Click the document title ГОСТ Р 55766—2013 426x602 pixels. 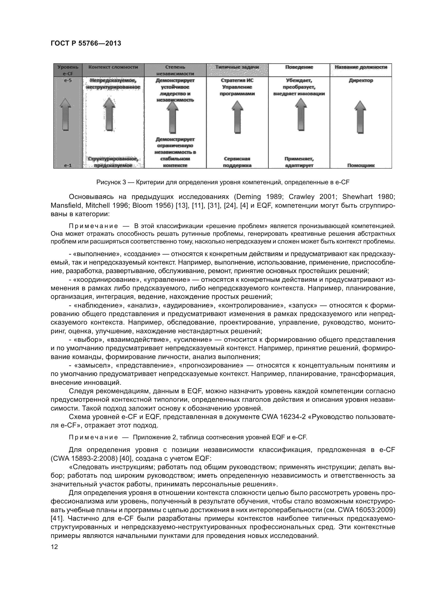86,43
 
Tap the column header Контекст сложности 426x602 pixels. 113,67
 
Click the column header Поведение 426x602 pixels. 299,67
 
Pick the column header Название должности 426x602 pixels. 361,67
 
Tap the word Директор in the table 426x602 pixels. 361,81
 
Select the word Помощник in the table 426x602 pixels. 361,165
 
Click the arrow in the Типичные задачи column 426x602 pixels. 238,117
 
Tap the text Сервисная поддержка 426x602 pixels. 237,162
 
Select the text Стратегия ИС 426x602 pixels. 237,81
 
